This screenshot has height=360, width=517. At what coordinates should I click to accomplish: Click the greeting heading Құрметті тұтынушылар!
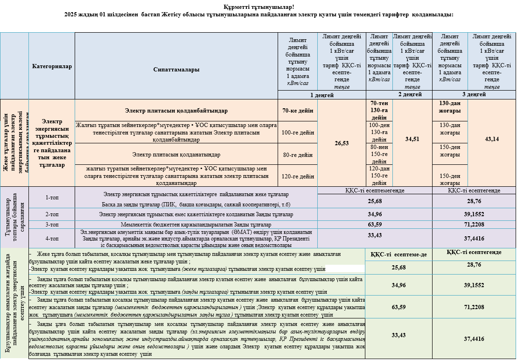258,6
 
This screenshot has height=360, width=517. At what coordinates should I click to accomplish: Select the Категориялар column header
52,66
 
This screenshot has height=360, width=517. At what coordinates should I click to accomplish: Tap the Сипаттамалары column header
176,70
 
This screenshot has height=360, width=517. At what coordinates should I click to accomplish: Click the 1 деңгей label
322,95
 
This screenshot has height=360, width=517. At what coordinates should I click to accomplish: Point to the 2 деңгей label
399,94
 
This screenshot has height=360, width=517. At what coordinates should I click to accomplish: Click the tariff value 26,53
342,143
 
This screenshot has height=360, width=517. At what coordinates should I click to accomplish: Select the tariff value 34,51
412,139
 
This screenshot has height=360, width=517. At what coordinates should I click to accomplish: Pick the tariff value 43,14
491,139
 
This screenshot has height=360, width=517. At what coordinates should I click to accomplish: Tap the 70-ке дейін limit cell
297,111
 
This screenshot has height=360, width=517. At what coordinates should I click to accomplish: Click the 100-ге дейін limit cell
297,132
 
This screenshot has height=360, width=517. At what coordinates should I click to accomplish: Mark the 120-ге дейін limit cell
297,176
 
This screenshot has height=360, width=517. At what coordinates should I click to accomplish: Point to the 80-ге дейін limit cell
297,154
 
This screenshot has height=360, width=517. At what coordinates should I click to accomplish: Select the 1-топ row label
52,198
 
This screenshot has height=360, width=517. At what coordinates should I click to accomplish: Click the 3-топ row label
52,224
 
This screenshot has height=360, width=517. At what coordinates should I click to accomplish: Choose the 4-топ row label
52,238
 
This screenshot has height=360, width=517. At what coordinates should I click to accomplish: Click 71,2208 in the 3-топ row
474,224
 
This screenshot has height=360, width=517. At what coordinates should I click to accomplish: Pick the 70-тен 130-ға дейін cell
379,110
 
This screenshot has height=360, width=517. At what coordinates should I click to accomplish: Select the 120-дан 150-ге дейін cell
379,176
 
